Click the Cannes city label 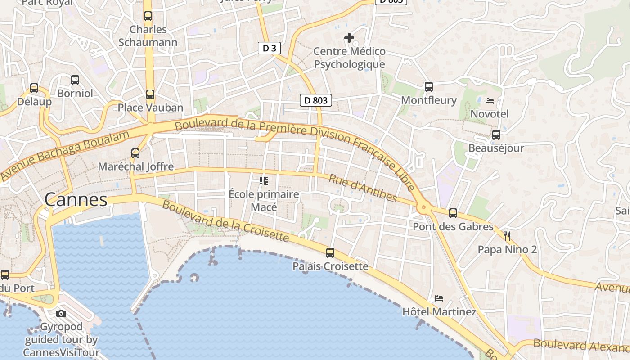tap(76, 200)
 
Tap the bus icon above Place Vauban tap(150, 94)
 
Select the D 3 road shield tap(269, 48)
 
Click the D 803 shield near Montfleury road tap(316, 100)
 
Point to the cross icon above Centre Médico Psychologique tap(349, 38)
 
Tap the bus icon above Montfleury tap(429, 87)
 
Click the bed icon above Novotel tap(490, 101)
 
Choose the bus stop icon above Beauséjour tap(496, 135)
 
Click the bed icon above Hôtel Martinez tap(439, 298)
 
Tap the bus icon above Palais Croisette tap(330, 253)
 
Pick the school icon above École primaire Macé tap(264, 181)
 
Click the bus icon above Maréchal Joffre tap(135, 153)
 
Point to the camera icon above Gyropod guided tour tap(61, 313)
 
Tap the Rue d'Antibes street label tap(363, 189)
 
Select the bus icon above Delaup tap(34, 88)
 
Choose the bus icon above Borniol tap(75, 80)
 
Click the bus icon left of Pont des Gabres tap(453, 213)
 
